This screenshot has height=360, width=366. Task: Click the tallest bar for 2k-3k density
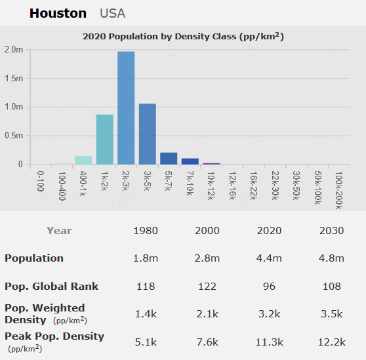126,108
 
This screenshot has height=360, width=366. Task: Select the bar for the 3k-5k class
147,134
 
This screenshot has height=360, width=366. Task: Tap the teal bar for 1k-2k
105,140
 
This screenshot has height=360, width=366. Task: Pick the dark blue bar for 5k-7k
169,159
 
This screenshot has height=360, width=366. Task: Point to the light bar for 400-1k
83,161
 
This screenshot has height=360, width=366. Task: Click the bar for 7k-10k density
190,161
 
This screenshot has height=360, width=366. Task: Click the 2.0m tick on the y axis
13,50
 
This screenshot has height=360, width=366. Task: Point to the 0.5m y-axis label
13,136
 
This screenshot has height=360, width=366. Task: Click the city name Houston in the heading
58,13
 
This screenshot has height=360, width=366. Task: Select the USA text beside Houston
112,13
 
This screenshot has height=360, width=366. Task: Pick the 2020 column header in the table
270,231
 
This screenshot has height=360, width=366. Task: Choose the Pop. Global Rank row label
51,286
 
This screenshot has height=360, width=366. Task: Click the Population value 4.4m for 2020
270,258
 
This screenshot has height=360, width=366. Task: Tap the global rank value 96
270,286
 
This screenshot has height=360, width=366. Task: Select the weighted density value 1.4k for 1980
146,313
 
